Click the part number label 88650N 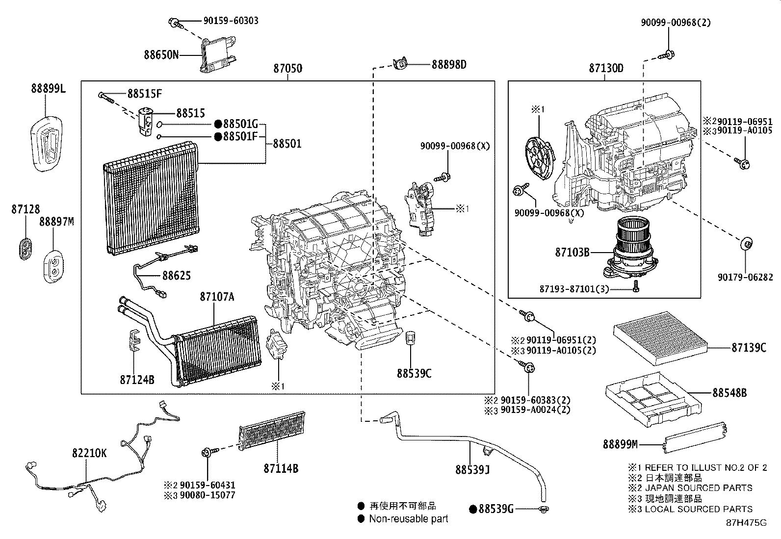[x=161, y=54]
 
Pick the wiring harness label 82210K [x=89, y=454]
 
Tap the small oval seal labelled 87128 [x=25, y=248]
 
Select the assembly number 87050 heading [x=287, y=69]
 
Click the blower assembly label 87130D [x=606, y=68]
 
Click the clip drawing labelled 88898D [x=400, y=64]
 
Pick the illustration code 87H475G [x=746, y=522]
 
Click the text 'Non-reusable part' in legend [x=408, y=518]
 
